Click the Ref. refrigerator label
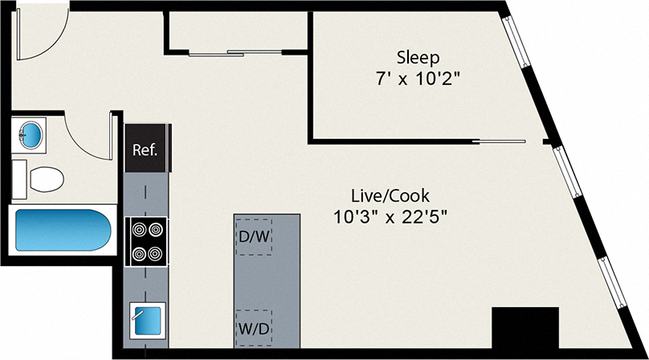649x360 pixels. (145, 149)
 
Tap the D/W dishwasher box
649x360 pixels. (253, 238)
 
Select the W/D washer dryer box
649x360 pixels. (253, 328)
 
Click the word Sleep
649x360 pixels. (418, 57)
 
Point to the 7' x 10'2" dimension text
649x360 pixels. (418, 80)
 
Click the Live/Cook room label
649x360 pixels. (390, 195)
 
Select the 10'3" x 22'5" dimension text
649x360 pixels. (390, 216)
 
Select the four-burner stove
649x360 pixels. (147, 241)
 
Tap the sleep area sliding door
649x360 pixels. (502, 141)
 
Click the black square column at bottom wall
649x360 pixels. (525, 329)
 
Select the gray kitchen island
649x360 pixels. (267, 280)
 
